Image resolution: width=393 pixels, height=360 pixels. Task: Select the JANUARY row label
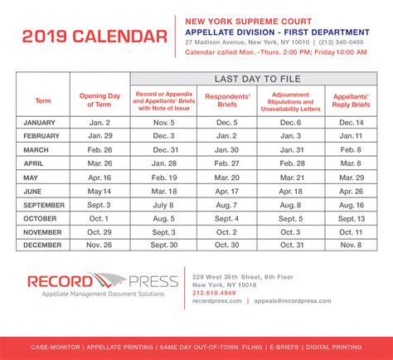pos(42,121)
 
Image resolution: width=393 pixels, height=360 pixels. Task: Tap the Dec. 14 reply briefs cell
pos(351,121)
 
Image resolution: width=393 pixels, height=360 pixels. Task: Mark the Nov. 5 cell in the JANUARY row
pos(164,121)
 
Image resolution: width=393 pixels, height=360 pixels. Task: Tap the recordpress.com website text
pos(216,302)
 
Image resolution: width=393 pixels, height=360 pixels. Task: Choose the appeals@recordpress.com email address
pos(298,302)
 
